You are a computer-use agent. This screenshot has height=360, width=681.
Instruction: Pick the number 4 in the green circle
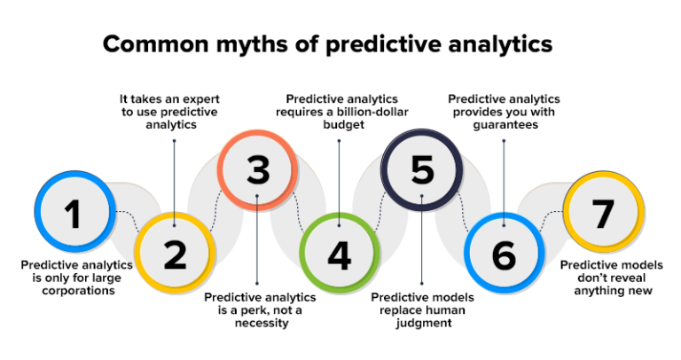tap(339, 254)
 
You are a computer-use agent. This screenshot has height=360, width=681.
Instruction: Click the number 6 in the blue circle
tap(503, 254)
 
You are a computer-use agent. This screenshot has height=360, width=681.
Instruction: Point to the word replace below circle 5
tap(398, 309)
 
